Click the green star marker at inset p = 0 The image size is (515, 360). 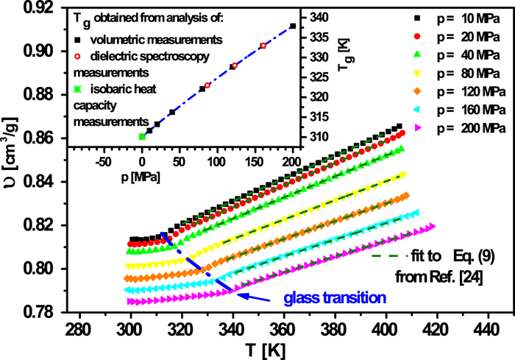point(141,136)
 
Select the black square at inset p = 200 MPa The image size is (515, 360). point(293,26)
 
